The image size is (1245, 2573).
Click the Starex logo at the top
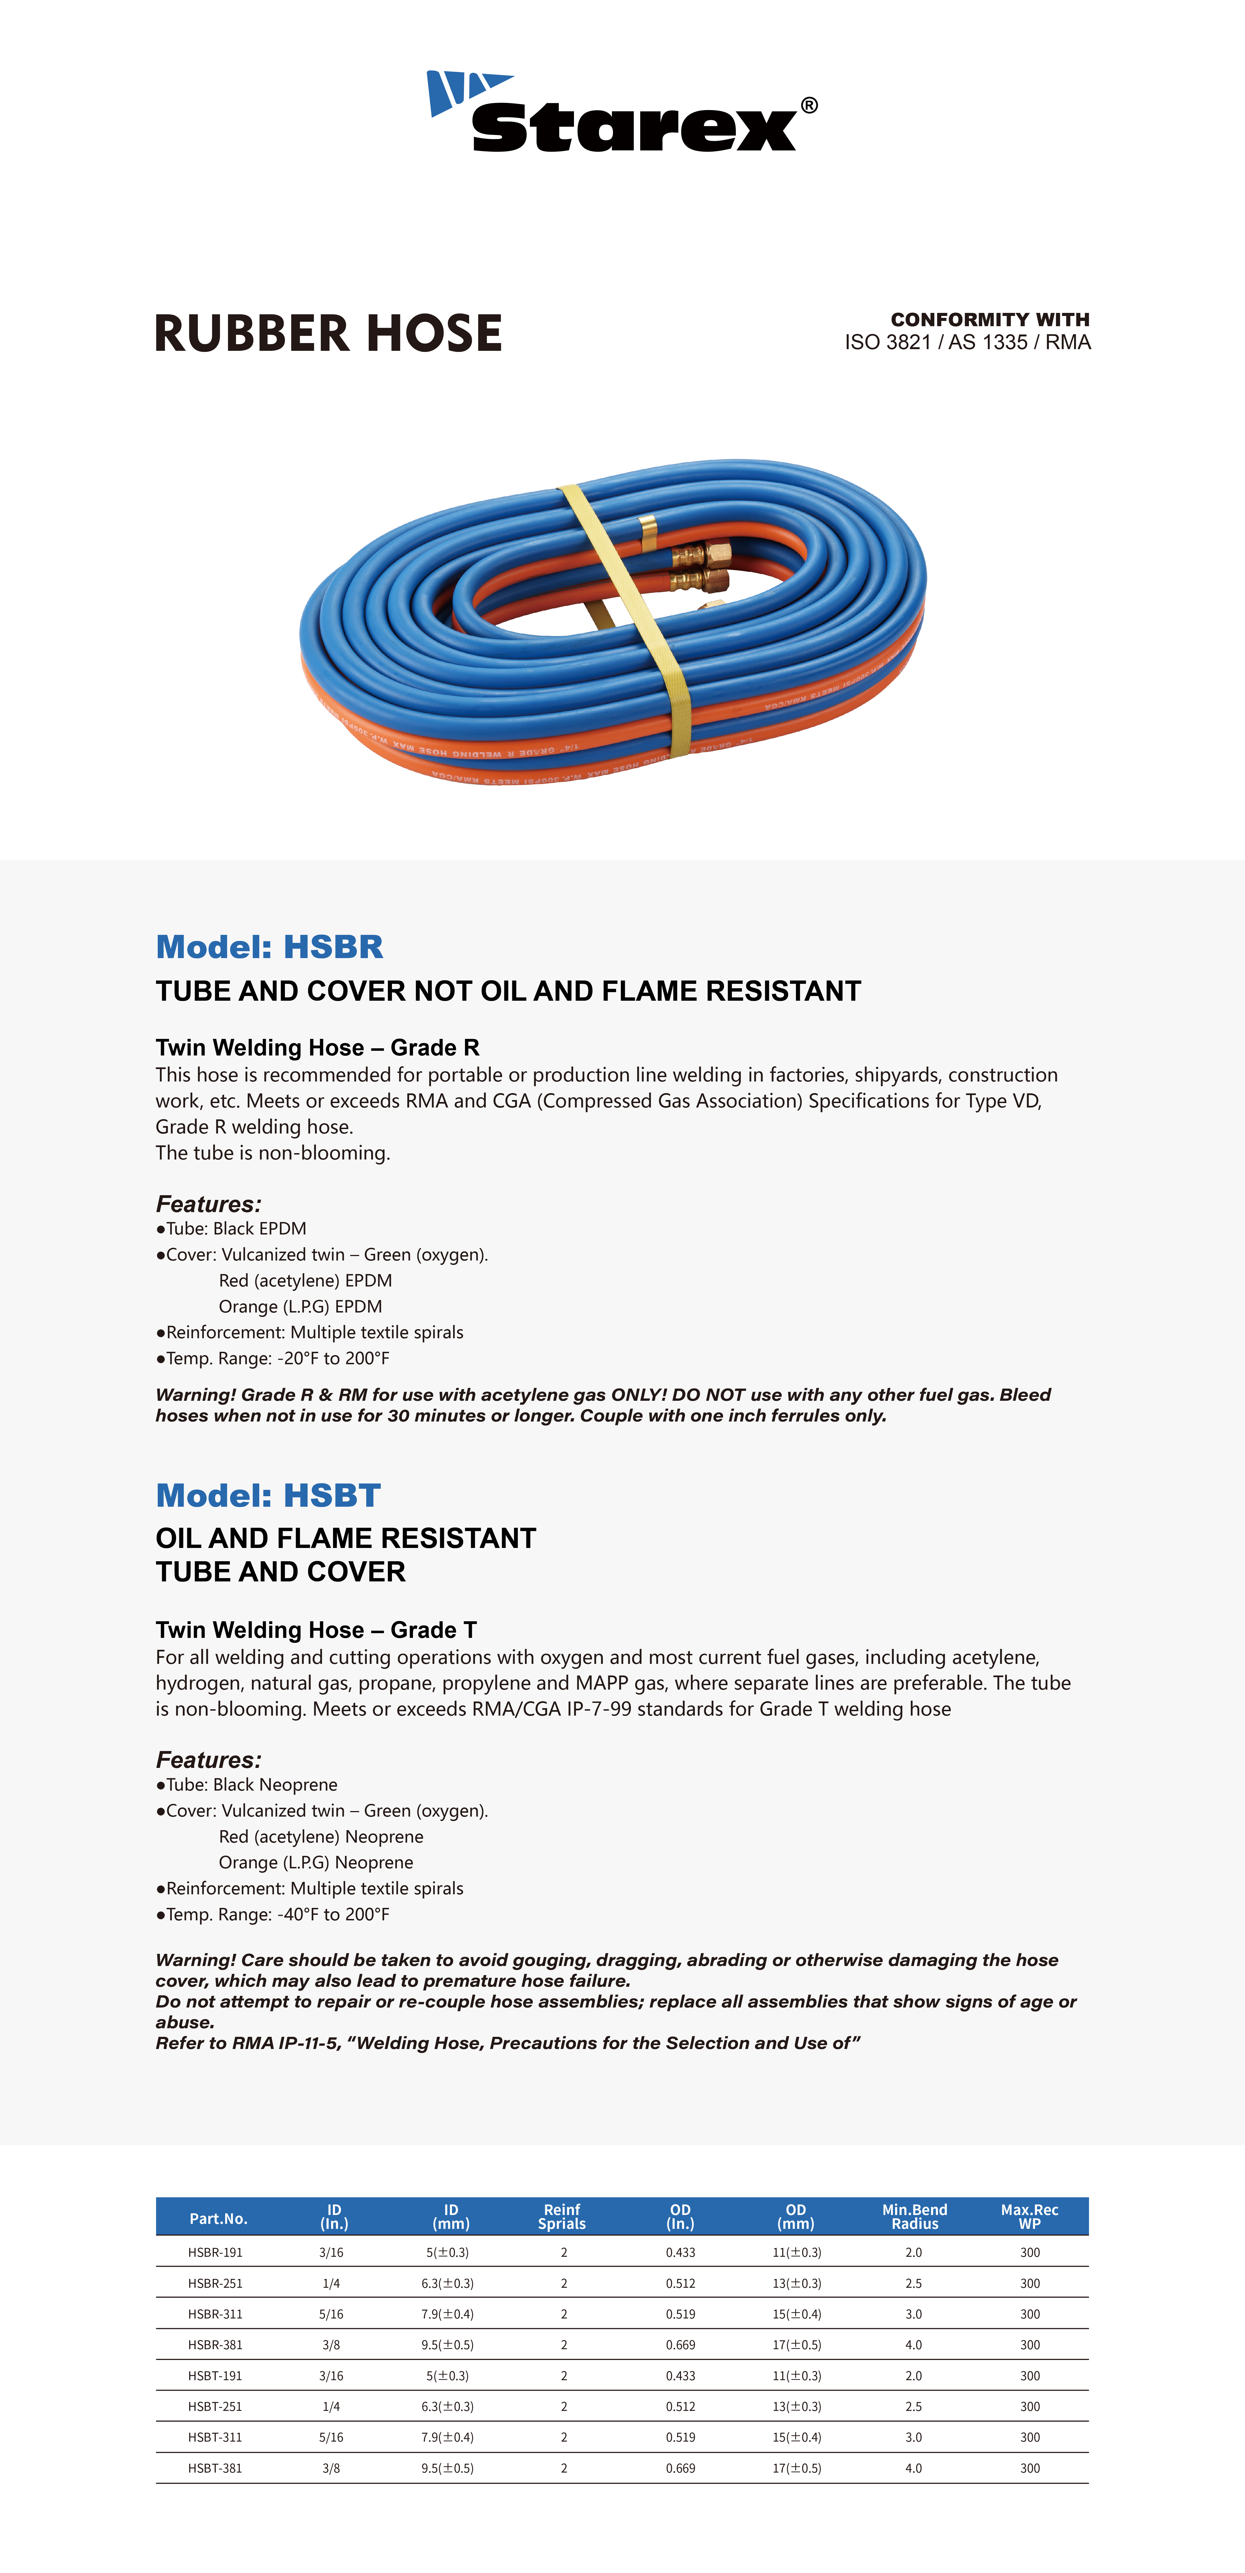[621, 112]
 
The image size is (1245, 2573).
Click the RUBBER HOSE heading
[329, 334]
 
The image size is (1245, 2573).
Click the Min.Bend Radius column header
[914, 2216]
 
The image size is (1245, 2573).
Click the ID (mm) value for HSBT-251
[447, 2406]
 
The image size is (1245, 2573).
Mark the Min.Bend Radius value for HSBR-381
[914, 2344]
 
